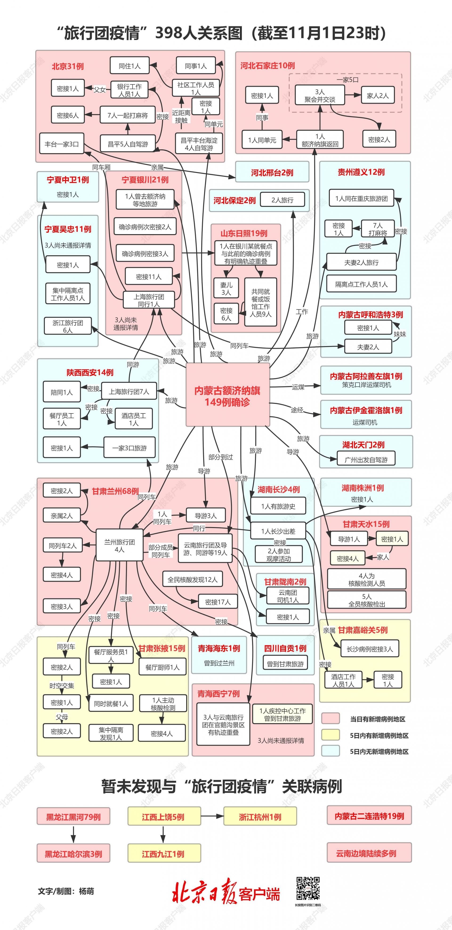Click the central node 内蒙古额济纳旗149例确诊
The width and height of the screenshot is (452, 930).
pos(228,395)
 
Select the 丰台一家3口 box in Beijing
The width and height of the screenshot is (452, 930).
pos(61,144)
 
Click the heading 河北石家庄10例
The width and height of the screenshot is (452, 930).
pos(268,66)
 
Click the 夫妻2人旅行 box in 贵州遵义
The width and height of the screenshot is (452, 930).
pos(361,262)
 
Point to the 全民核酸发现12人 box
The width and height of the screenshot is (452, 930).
pos(193,579)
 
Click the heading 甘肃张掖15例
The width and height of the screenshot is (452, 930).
pos(162,648)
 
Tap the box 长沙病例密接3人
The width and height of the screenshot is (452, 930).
pos(370,649)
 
